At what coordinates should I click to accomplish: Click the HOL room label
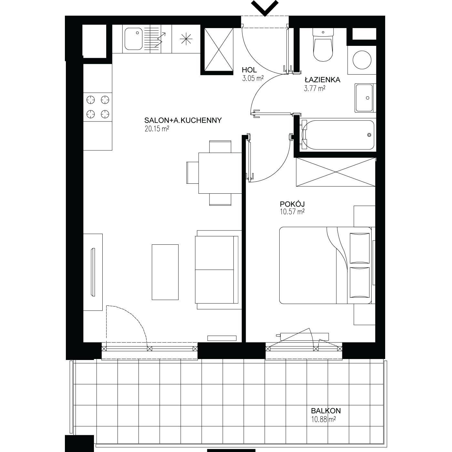click(249, 70)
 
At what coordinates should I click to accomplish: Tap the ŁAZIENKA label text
click(323, 80)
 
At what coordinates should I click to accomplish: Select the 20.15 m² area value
click(157, 128)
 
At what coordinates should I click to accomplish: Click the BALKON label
click(326, 411)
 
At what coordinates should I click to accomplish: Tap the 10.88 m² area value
click(324, 419)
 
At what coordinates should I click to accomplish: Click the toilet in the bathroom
click(323, 45)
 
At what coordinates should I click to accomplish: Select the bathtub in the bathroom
click(338, 135)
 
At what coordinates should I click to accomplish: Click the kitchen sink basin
click(133, 39)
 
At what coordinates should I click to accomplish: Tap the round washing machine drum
click(362, 60)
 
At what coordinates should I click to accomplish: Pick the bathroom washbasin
click(364, 98)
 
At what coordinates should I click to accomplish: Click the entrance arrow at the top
click(265, 8)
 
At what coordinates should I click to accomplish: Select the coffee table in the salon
click(165, 272)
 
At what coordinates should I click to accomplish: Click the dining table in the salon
click(220, 173)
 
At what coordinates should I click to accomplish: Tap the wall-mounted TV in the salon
click(93, 272)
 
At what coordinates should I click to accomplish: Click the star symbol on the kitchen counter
click(186, 39)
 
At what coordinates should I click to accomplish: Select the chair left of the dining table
click(192, 173)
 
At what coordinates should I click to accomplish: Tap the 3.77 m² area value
click(314, 88)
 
